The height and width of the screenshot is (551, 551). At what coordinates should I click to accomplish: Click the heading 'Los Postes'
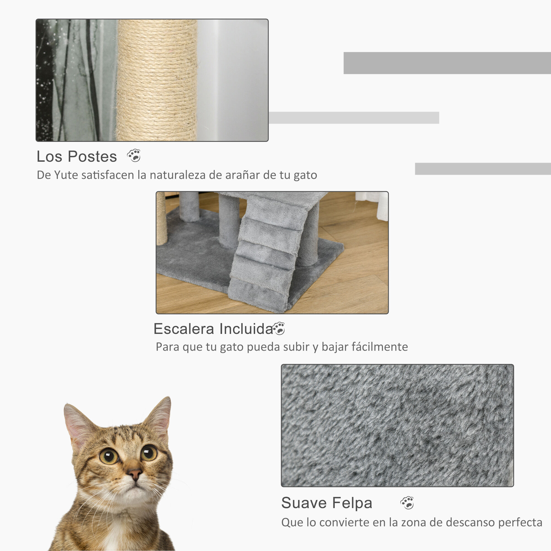coord(77,156)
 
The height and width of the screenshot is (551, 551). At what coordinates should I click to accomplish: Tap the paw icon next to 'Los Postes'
coord(134,155)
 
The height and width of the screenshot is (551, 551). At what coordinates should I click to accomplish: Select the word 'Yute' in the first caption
coord(62,175)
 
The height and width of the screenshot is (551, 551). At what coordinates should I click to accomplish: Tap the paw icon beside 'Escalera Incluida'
coord(279,328)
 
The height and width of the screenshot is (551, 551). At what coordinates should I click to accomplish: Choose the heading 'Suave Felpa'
coord(326,503)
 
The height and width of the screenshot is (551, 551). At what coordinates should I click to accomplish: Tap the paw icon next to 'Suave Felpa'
coord(407,503)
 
